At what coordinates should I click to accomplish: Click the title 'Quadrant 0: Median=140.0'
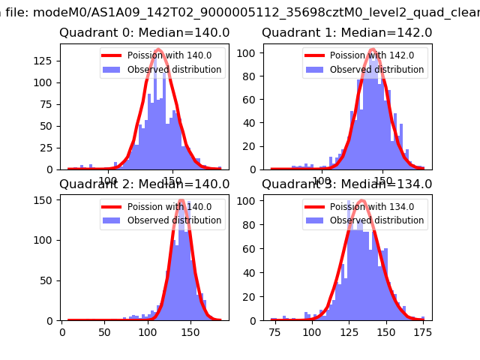click(x=144, y=33)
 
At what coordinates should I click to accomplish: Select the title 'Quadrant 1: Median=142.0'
click(x=346, y=33)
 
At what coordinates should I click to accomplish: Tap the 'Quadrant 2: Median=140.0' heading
click(x=144, y=184)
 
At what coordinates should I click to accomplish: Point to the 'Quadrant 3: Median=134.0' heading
click(x=346, y=184)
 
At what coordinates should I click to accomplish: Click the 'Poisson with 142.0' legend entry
click(x=372, y=54)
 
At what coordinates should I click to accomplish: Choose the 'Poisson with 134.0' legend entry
click(x=372, y=206)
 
